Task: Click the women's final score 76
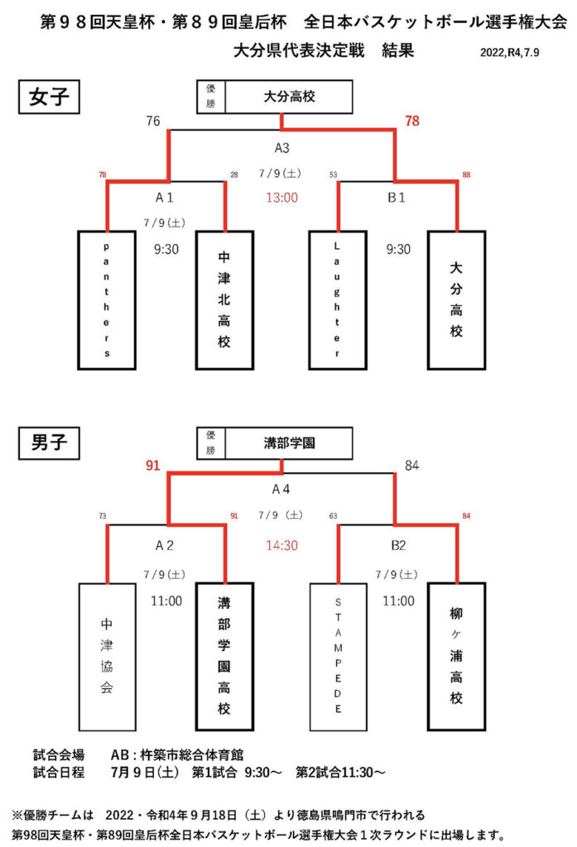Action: [x=153, y=121]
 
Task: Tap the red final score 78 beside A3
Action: [x=412, y=121]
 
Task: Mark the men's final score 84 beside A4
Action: [x=411, y=465]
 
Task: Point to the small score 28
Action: [x=234, y=175]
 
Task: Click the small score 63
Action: [x=333, y=516]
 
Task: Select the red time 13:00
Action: [x=281, y=198]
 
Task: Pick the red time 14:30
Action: [x=281, y=546]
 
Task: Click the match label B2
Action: [x=398, y=546]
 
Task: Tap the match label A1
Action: [x=165, y=198]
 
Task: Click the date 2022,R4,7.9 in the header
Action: [x=509, y=52]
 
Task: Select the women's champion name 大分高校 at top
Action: [x=289, y=97]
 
